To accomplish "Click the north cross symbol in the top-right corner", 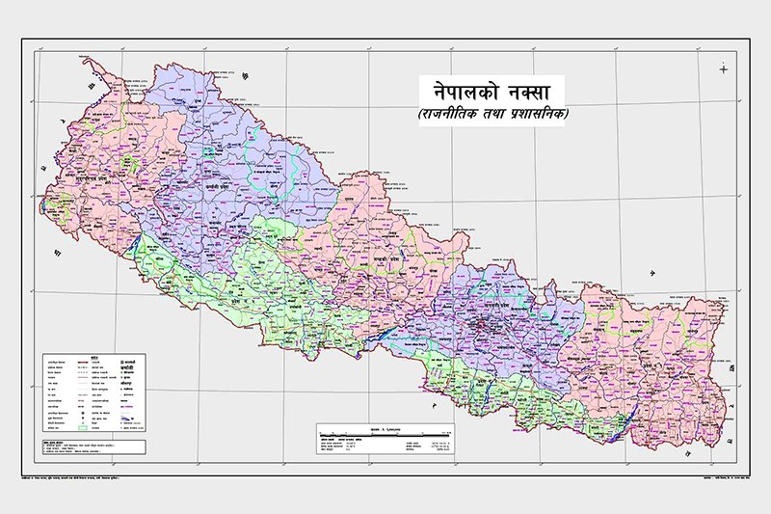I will click(x=722, y=68).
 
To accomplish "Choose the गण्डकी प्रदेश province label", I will click(x=381, y=260).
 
